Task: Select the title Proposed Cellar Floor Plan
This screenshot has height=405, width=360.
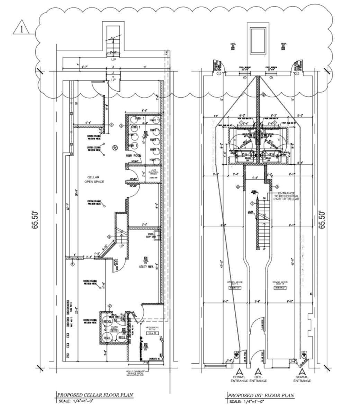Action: [95, 395]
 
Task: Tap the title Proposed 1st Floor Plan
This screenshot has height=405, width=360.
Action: [261, 395]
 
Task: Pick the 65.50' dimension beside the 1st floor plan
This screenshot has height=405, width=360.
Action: [322, 220]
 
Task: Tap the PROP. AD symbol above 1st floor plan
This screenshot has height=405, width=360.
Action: [283, 46]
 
